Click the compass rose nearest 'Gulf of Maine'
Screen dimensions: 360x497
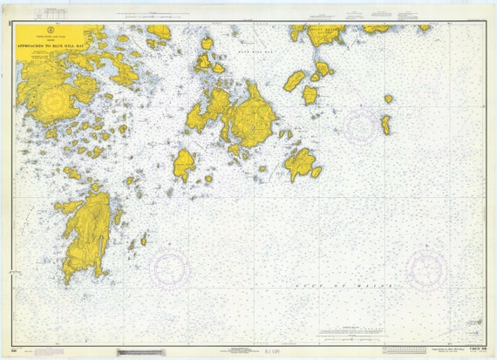click(426, 271)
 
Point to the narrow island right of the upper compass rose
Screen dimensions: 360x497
click(385, 125)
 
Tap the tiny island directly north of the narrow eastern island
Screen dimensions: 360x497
click(388, 98)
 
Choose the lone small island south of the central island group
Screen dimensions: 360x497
click(183, 163)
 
